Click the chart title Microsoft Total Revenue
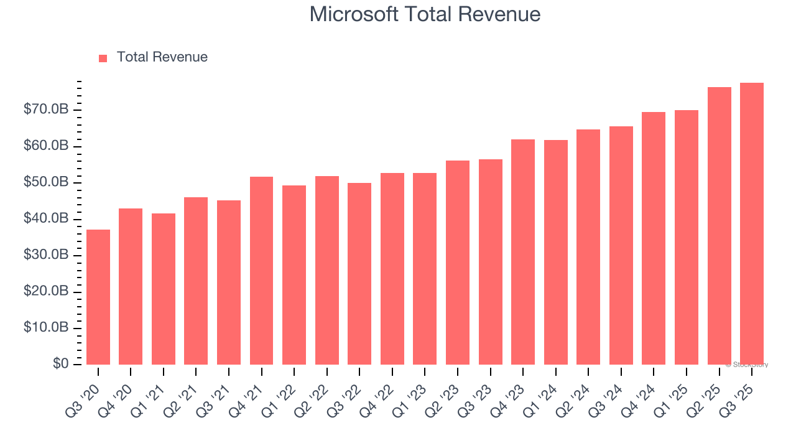pos(425,14)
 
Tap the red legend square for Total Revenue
pos(103,58)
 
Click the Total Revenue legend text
pos(162,57)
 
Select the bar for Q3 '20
pos(98,297)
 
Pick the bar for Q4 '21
pos(261,271)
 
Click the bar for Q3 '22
pos(359,274)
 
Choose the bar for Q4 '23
pos(522,252)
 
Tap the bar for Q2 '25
pos(719,226)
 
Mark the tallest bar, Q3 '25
pos(751,224)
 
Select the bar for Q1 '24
pos(555,252)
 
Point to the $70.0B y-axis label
pos(46,110)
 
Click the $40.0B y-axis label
pos(46,219)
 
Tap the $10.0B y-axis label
pos(46,328)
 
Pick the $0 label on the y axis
pos(60,364)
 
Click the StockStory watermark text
pos(747,365)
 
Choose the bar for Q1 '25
pos(686,237)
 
